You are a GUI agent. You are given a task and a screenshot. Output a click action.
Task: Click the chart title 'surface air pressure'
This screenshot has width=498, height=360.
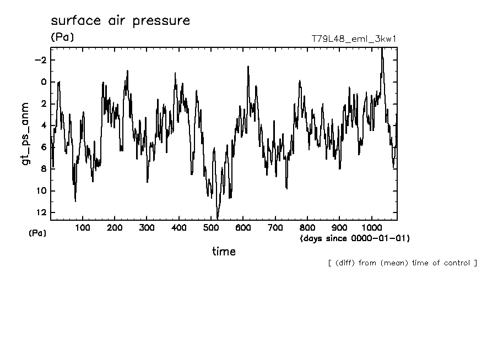120,21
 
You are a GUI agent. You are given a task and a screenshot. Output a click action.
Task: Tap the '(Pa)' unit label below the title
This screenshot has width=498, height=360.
62,37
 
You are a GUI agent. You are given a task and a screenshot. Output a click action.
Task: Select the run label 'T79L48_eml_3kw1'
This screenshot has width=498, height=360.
354,39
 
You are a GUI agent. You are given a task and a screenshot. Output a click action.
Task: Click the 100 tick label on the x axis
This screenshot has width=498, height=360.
83,227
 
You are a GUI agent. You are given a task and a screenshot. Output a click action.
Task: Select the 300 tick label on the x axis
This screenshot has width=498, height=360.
147,227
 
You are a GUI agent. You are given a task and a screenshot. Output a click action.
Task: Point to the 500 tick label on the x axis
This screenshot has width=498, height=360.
211,227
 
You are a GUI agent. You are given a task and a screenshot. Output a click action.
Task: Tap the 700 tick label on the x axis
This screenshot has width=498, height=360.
275,227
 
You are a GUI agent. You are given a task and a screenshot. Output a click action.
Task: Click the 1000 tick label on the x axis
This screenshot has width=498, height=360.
371,227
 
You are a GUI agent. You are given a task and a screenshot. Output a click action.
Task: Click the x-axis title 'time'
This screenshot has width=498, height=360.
224,252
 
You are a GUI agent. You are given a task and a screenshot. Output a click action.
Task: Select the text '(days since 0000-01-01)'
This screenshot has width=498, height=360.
355,238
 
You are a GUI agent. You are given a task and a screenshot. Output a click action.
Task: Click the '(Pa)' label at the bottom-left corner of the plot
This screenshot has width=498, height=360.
37,233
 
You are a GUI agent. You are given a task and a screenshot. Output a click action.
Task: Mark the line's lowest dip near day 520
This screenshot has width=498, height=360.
217,219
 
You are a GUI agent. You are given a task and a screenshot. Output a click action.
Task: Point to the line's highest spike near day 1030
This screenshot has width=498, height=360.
382,48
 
